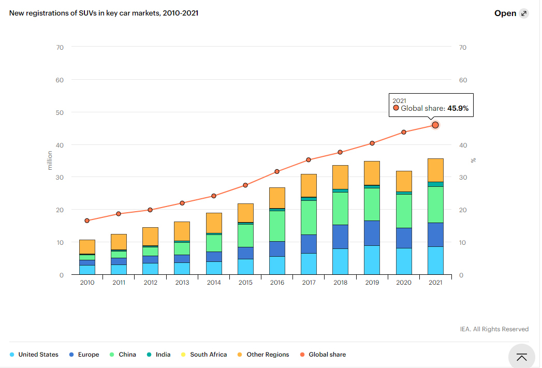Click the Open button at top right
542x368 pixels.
click(x=511, y=13)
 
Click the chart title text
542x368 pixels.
click(x=104, y=13)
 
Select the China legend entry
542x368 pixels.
click(x=123, y=355)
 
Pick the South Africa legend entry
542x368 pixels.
click(x=204, y=355)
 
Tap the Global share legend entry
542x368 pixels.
click(x=323, y=355)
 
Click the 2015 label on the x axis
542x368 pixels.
click(x=245, y=282)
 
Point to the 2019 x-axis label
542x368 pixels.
click(x=372, y=282)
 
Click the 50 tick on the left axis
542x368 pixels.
click(x=60, y=113)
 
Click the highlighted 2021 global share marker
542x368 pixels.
click(x=435, y=125)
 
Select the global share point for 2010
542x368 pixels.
click(x=87, y=220)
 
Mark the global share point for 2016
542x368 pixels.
click(x=277, y=171)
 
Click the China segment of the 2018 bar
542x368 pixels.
click(x=340, y=209)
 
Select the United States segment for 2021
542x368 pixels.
click(x=435, y=260)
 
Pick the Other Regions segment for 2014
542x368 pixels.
click(x=214, y=223)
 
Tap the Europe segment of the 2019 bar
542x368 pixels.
click(x=372, y=233)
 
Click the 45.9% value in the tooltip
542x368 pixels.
click(x=458, y=109)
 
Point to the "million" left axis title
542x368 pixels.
click(x=50, y=160)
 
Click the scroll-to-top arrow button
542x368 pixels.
click(x=522, y=357)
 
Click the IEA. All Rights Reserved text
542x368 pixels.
click(x=494, y=329)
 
